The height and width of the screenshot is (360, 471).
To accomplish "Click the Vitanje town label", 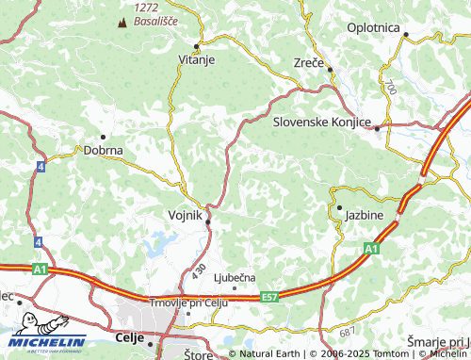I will (x=197, y=59).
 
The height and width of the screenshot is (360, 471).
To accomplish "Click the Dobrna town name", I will (x=104, y=150).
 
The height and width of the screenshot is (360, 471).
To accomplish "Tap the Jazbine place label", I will (x=363, y=215).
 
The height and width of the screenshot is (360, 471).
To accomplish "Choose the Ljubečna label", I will (x=235, y=277).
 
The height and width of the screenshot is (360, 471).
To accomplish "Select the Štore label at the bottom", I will (x=199, y=354).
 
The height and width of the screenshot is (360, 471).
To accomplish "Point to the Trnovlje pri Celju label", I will (x=189, y=302).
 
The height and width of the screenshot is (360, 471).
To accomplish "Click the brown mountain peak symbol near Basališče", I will (x=122, y=21).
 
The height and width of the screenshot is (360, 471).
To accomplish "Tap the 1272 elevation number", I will (x=146, y=7).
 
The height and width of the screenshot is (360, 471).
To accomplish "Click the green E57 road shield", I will (x=272, y=297).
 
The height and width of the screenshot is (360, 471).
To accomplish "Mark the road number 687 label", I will (x=347, y=333).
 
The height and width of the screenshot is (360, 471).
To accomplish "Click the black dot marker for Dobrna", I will (x=103, y=137).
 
